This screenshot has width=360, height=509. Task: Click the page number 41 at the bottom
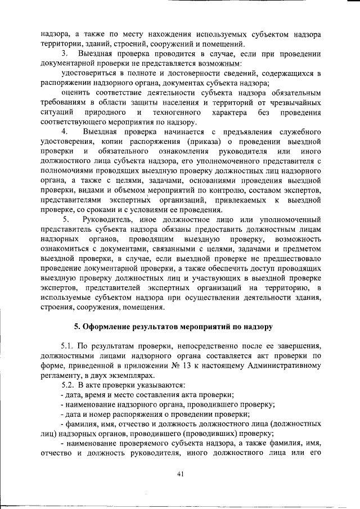click(x=180, y=474)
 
